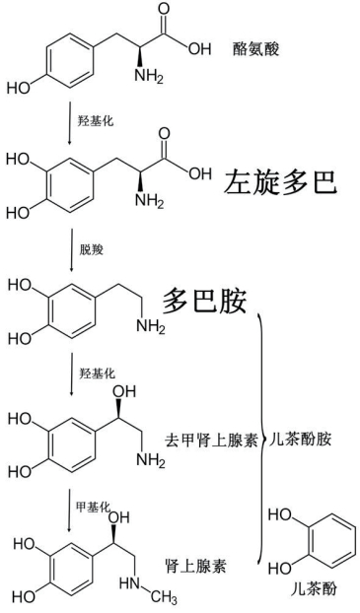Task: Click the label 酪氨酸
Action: click(x=256, y=46)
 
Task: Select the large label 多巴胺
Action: click(x=204, y=300)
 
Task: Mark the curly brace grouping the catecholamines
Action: click(x=262, y=439)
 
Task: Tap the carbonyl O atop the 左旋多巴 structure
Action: click(x=164, y=131)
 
